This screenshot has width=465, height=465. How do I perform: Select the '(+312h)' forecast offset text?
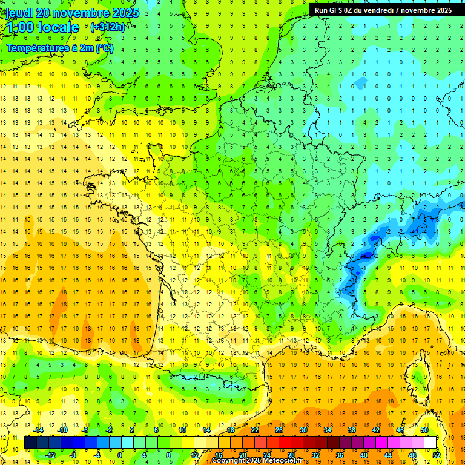[108, 27]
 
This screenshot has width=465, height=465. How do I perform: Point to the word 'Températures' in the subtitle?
[36, 48]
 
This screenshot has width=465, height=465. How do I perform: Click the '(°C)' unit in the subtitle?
[104, 48]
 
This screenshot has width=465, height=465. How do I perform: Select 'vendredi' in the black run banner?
[388, 10]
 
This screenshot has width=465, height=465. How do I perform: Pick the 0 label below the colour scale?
[120, 455]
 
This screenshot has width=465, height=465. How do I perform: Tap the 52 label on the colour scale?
[436, 455]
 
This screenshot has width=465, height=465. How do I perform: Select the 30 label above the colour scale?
[303, 430]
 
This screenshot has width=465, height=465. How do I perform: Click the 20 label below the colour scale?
[242, 455]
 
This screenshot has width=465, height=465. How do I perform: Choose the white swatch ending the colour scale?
[430, 443]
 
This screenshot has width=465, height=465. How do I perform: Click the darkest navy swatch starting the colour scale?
[30, 443]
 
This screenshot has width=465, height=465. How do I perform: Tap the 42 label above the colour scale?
[376, 430]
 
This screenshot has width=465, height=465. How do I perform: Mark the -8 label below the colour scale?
[73, 455]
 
